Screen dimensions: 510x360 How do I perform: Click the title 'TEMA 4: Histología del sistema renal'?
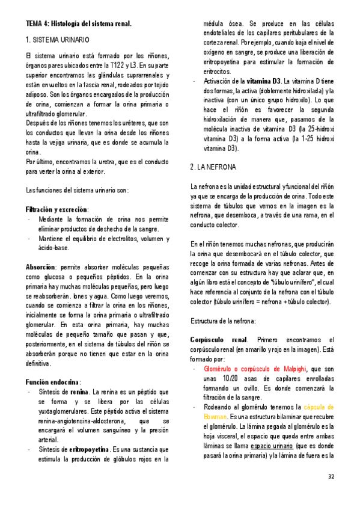(x=78, y=23)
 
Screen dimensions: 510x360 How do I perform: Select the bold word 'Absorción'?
(x=41, y=266)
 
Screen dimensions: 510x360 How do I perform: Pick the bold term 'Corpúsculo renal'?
(x=218, y=340)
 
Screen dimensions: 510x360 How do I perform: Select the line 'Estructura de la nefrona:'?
(x=224, y=321)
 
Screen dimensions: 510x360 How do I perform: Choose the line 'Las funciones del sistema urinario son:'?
(x=76, y=190)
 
